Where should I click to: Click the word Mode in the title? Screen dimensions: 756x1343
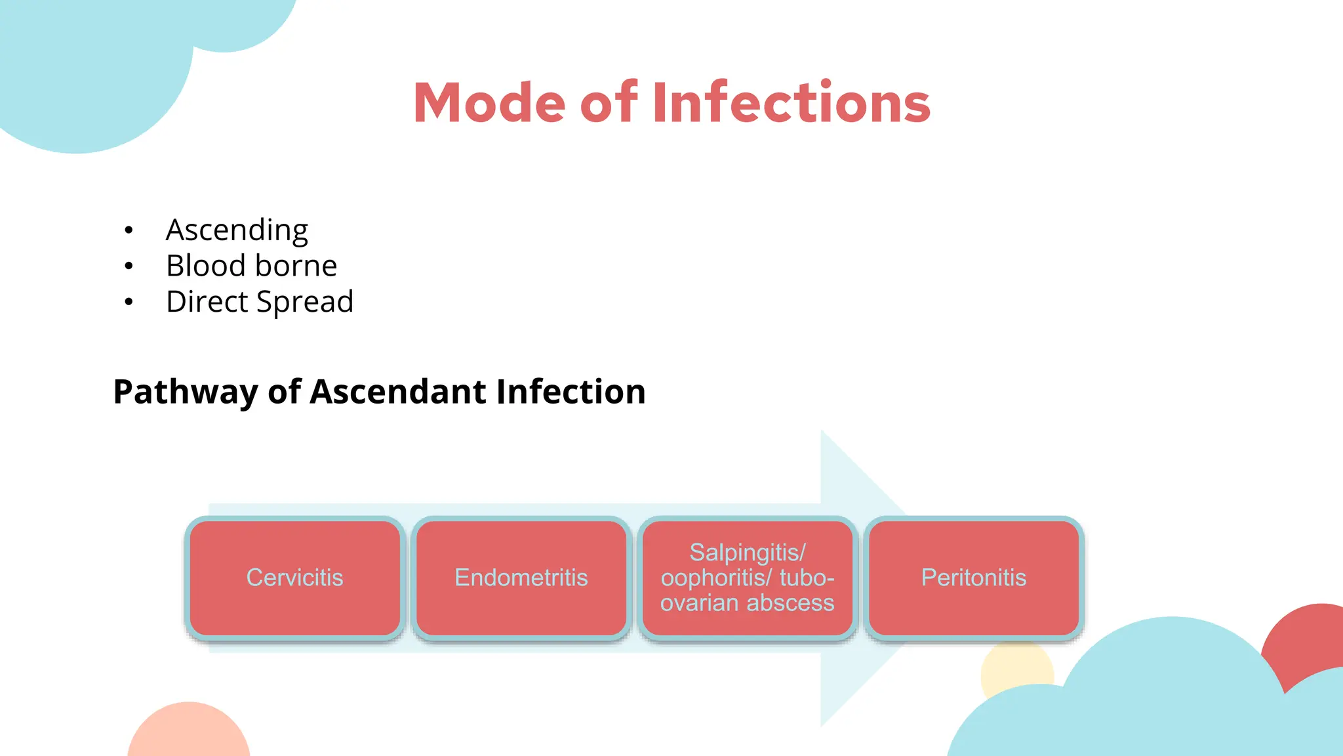(489, 103)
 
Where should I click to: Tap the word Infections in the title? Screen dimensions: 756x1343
(792, 103)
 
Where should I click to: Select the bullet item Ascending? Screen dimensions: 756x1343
(237, 230)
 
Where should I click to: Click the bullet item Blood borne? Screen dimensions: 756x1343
(251, 266)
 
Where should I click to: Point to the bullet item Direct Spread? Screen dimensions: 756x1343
(260, 302)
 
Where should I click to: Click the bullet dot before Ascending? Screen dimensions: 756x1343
(129, 230)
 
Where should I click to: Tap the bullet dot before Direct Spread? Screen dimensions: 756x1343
(129, 302)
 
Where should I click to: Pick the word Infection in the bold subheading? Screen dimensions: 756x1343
(571, 392)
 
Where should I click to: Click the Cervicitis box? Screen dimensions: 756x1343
(294, 577)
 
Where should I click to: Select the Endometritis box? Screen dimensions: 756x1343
(521, 577)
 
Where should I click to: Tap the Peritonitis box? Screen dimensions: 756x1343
(973, 577)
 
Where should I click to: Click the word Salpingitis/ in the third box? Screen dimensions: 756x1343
(747, 553)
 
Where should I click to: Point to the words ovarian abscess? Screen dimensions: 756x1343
(747, 603)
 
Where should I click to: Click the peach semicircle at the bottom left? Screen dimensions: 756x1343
(188, 732)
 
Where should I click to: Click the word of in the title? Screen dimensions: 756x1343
(609, 103)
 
